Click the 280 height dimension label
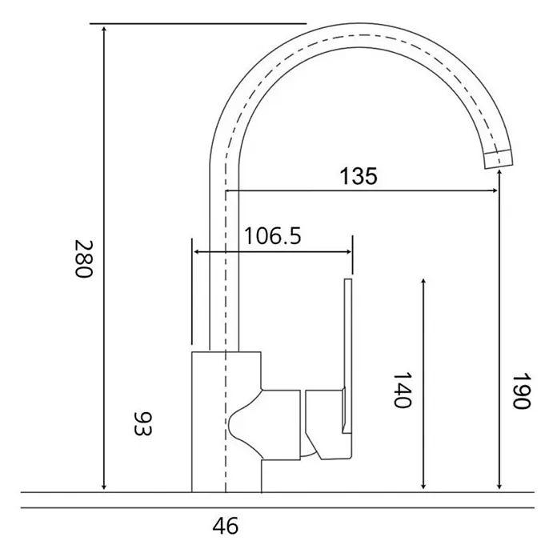click(84, 259)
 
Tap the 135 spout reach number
click(359, 176)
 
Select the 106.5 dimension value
click(273, 236)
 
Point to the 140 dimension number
click(402, 390)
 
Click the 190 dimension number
click(521, 391)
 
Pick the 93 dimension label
click(142, 423)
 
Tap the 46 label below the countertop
click(226, 526)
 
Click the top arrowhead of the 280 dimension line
click(104, 29)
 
